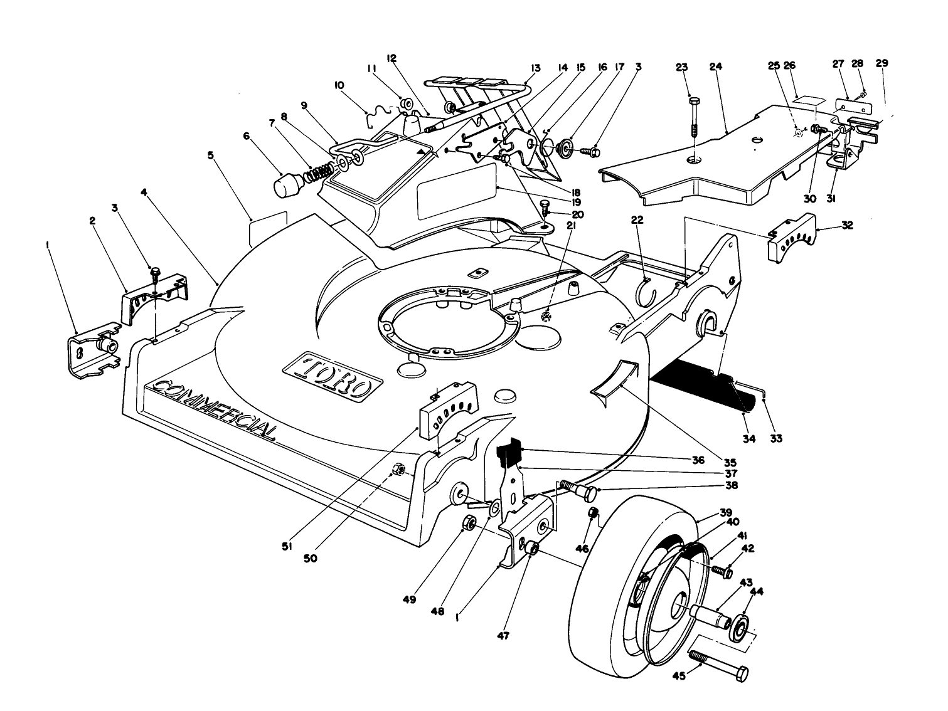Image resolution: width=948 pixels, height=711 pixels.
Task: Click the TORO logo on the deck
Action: [x=333, y=377]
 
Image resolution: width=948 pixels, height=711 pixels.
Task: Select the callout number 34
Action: [x=748, y=438]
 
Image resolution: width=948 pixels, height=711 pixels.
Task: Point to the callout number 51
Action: [x=287, y=547]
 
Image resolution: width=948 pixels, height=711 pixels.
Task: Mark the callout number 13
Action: [x=535, y=67]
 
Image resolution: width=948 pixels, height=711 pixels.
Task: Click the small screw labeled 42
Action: [x=725, y=571]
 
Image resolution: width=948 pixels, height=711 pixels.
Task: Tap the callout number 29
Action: [x=881, y=63]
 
